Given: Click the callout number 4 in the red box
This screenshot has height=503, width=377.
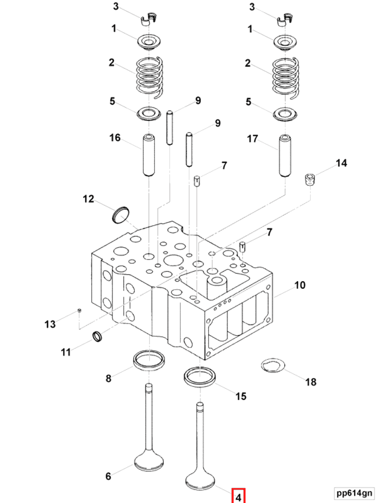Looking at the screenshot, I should [x=239, y=496].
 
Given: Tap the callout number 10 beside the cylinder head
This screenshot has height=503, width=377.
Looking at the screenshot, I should [x=300, y=285].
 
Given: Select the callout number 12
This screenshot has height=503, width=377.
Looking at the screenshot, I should [x=88, y=199].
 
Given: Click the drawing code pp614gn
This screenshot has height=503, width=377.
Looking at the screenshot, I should [x=353, y=493].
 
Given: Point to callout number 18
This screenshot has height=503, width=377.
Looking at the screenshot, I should [x=311, y=381].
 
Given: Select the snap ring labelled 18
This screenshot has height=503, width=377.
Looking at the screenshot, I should [x=272, y=366].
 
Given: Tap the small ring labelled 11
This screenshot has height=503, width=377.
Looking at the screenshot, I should [x=98, y=337].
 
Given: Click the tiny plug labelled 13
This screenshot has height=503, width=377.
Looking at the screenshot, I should [x=79, y=311].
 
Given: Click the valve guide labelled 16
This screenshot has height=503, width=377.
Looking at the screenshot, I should [x=149, y=155].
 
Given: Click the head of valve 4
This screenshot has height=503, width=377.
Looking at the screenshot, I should [x=200, y=479].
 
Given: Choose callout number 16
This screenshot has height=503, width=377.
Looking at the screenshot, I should [x=115, y=137].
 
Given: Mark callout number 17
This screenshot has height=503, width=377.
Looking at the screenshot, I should [x=252, y=139].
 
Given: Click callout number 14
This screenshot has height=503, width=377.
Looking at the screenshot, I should [x=341, y=163].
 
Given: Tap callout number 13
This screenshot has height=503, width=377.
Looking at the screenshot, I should [x=50, y=324].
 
